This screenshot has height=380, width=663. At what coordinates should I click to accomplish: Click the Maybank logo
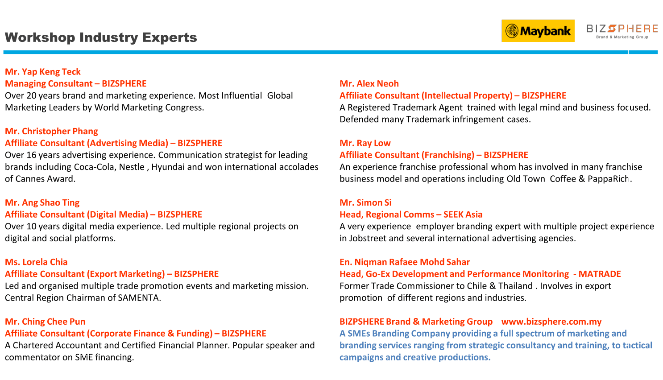pyautogui.click(x=538, y=31)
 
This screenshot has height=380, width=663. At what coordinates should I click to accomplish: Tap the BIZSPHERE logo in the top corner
pyautogui.click(x=622, y=31)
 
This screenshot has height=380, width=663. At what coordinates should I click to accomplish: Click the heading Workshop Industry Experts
pyautogui.click(x=101, y=37)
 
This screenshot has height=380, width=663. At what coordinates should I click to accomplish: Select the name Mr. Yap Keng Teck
pyautogui.click(x=43, y=72)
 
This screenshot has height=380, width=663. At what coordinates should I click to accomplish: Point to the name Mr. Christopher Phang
pyautogui.click(x=51, y=131)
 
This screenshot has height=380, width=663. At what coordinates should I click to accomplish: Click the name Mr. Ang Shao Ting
pyautogui.click(x=42, y=202)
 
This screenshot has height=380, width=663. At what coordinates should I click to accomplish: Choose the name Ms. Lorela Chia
pyautogui.click(x=36, y=262)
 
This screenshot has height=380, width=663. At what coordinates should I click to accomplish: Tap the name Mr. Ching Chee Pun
pyautogui.click(x=45, y=322)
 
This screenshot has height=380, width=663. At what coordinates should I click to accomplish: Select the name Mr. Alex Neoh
pyautogui.click(x=369, y=83)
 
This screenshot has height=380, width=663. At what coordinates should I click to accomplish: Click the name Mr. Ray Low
pyautogui.click(x=365, y=143)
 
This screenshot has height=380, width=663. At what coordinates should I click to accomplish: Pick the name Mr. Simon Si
pyautogui.click(x=365, y=202)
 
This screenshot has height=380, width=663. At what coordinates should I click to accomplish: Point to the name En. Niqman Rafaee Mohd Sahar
pyautogui.click(x=405, y=262)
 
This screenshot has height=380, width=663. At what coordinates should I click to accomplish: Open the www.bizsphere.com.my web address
pyautogui.click(x=551, y=322)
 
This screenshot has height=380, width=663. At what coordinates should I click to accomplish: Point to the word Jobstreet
pyautogui.click(x=368, y=238)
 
